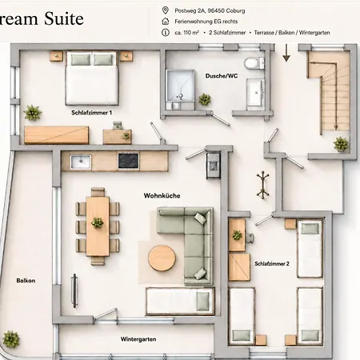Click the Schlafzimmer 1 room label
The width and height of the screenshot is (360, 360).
tap(91, 113)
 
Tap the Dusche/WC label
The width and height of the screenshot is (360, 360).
tap(222, 76)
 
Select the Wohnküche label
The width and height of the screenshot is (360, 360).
tap(162, 196)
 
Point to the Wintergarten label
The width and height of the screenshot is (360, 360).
tap(138, 339)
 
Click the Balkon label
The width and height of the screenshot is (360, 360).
tap(26, 281)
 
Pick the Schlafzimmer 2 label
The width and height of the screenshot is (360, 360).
tap(272, 264)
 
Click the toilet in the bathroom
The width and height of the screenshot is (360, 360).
tap(254, 63)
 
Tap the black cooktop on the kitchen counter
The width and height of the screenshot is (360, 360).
tap(128, 161)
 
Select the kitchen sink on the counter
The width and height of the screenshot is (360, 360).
tap(81, 162)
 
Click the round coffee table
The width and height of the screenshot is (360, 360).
tap(162, 258)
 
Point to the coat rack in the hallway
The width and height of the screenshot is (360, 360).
tap(263, 185)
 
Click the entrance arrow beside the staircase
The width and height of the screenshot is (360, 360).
tap(286, 53)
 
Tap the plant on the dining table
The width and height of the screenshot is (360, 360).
tap(97, 222)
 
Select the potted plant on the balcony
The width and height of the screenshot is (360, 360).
tap(11, 339)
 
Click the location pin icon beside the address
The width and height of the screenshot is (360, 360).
tap(166, 10)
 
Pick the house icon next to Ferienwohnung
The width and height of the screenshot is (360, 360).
tap(166, 22)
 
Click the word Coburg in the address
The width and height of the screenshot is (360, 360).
tap(235, 10)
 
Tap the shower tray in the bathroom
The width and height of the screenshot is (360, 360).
tap(180, 86)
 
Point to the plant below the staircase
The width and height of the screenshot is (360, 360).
tap(341, 144)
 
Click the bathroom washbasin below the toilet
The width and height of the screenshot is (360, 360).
tap(255, 92)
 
